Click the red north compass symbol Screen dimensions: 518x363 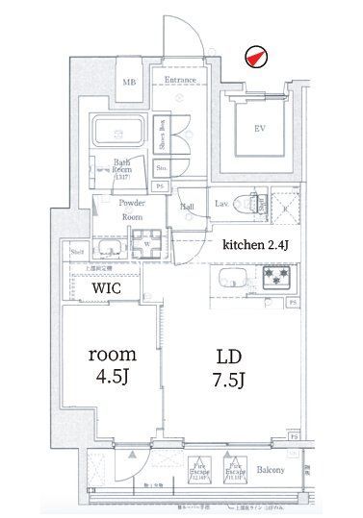(x=254, y=58)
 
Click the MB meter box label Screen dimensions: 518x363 (x=128, y=82)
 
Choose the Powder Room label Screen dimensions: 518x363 (x=132, y=210)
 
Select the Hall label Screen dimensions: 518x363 (x=188, y=206)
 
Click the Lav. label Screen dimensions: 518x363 (x=220, y=203)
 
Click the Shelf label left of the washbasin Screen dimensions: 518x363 (x=77, y=252)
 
